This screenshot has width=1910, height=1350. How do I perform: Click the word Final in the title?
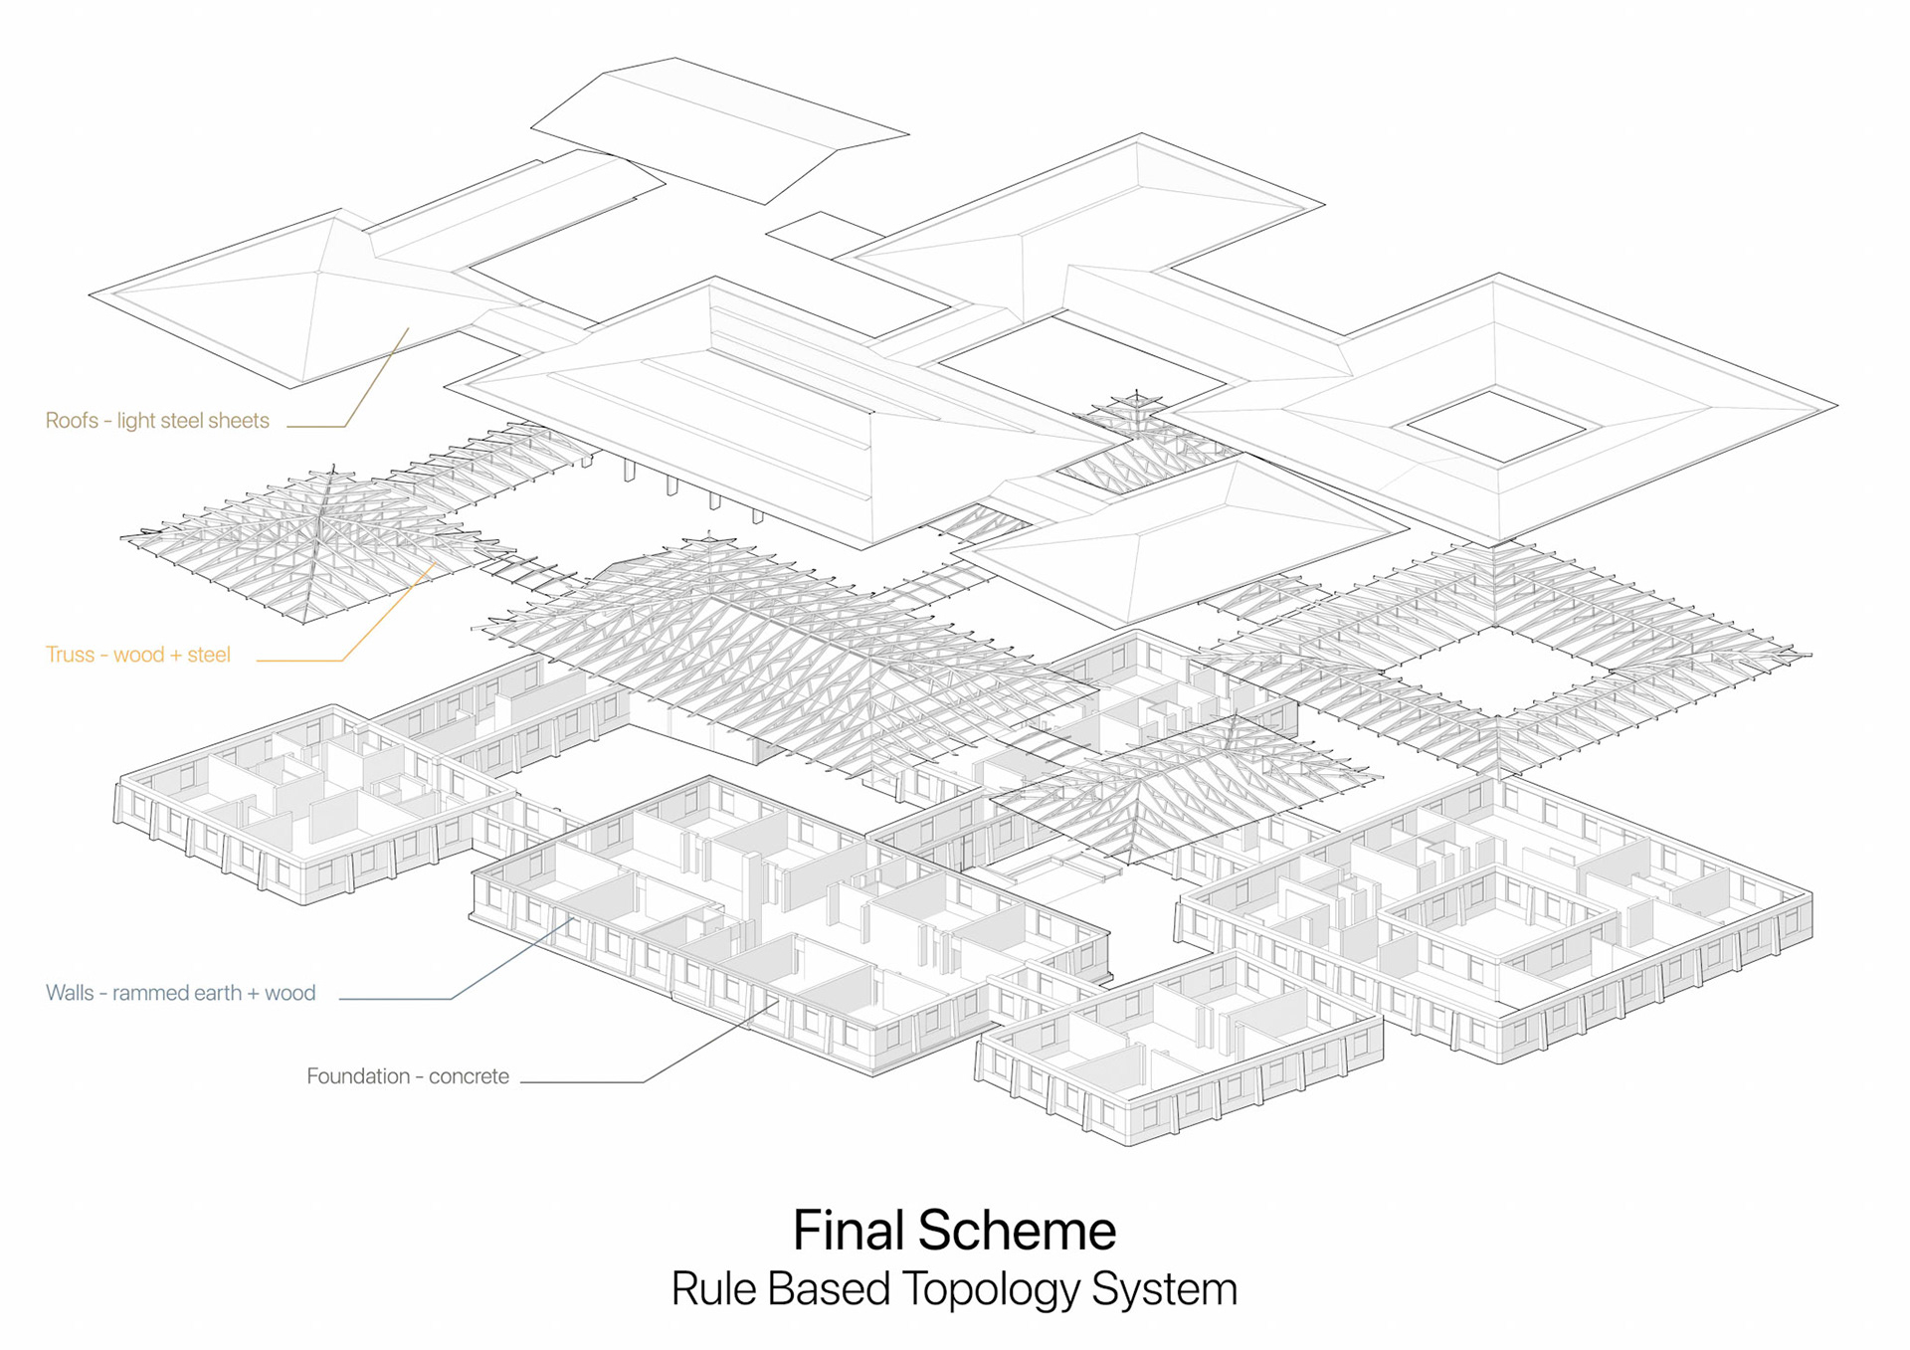(x=849, y=1231)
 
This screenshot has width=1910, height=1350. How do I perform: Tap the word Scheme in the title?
(x=1017, y=1231)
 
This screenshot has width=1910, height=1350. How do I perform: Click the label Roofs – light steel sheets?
(x=157, y=421)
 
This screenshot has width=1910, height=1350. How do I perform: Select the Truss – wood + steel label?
(x=137, y=655)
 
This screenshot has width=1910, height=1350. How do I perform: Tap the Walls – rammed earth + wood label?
(x=180, y=993)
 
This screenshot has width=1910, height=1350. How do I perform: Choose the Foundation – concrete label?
(x=407, y=1076)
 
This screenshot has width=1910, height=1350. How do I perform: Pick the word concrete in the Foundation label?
(x=469, y=1076)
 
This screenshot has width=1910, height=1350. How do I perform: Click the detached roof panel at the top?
(x=718, y=129)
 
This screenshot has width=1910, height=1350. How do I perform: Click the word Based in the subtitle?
(x=829, y=1289)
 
